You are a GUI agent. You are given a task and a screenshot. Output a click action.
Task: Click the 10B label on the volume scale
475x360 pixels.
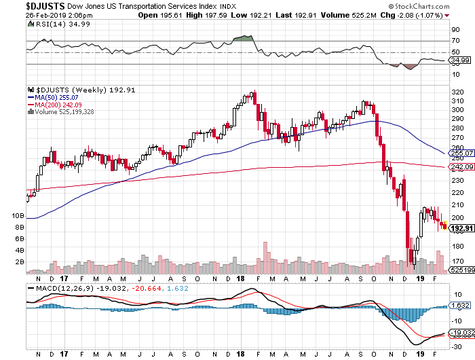pos(18,215)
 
